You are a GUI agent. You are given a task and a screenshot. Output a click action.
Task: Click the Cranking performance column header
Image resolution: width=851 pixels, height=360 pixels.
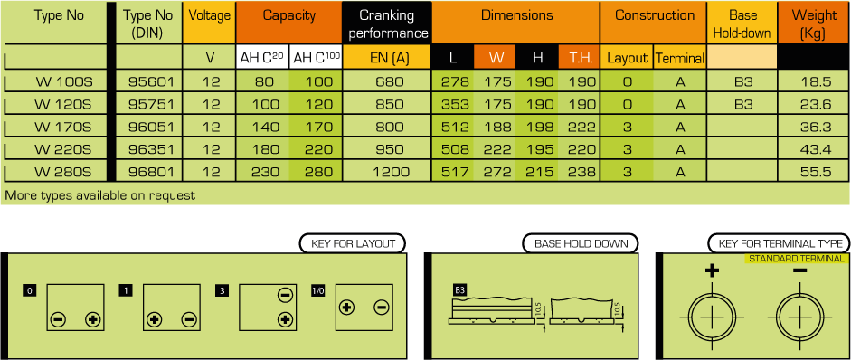click(387, 24)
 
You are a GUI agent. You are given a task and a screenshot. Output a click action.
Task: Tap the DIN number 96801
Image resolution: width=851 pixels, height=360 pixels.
click(151, 172)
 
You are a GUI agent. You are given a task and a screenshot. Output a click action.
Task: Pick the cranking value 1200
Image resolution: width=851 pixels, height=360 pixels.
click(387, 172)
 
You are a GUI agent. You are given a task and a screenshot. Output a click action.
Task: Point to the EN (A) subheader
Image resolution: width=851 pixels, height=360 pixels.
click(387, 57)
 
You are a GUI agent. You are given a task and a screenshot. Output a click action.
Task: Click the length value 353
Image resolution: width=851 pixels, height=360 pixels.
click(455, 105)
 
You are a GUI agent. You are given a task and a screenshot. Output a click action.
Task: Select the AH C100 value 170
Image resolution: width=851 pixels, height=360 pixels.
click(316, 128)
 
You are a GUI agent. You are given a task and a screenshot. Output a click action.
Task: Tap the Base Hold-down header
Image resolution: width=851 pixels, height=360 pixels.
click(742, 24)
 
